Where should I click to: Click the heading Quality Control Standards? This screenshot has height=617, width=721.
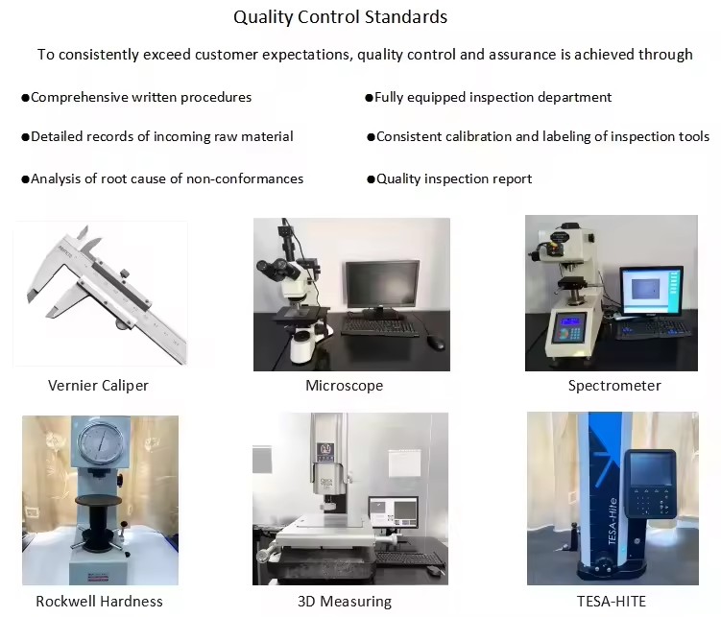click(x=340, y=17)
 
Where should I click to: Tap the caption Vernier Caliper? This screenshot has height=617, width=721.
click(x=98, y=385)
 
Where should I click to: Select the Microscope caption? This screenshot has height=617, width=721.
click(x=345, y=386)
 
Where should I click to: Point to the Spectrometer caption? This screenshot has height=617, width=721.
click(x=614, y=386)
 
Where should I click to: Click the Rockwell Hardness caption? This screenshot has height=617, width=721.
click(x=99, y=601)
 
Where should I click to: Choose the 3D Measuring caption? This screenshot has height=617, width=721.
click(x=345, y=601)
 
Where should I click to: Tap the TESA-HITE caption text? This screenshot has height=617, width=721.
click(x=612, y=601)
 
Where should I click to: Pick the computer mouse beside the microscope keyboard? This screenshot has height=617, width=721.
click(x=436, y=342)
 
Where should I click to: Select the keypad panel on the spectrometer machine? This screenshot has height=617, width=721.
click(x=569, y=328)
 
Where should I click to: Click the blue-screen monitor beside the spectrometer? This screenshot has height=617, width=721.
click(x=651, y=292)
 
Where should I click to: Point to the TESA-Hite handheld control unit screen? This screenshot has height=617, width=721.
click(x=650, y=469)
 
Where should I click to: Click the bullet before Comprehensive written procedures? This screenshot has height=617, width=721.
click(x=25, y=98)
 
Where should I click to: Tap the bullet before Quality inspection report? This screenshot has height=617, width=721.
click(x=371, y=179)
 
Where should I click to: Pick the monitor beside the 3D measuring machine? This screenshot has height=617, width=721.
click(x=394, y=512)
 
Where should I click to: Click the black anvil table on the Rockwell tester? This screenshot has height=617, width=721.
click(x=98, y=500)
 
